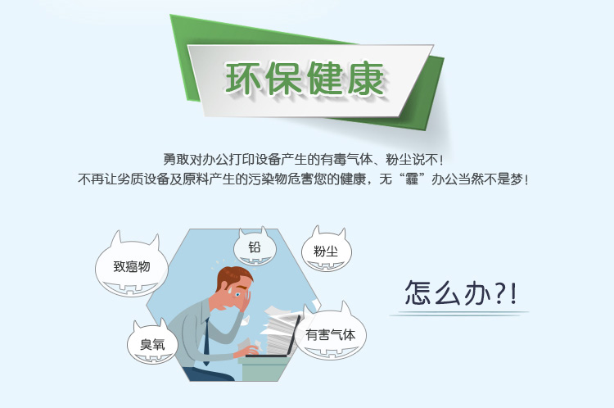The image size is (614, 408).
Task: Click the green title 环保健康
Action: (x=305, y=79)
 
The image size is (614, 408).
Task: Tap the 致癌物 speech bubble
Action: (x=132, y=266)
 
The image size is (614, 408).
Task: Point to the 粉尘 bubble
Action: (x=326, y=251)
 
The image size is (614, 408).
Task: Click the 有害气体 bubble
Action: (x=331, y=335)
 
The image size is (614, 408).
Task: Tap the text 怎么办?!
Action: (x=460, y=292)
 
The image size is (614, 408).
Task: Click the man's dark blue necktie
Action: (x=206, y=342)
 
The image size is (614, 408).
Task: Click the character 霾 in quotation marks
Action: (x=412, y=179)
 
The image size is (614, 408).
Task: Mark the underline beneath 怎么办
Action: (x=459, y=314)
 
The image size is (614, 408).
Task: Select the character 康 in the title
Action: (x=366, y=79)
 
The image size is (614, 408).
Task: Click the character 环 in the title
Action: (x=243, y=79)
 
